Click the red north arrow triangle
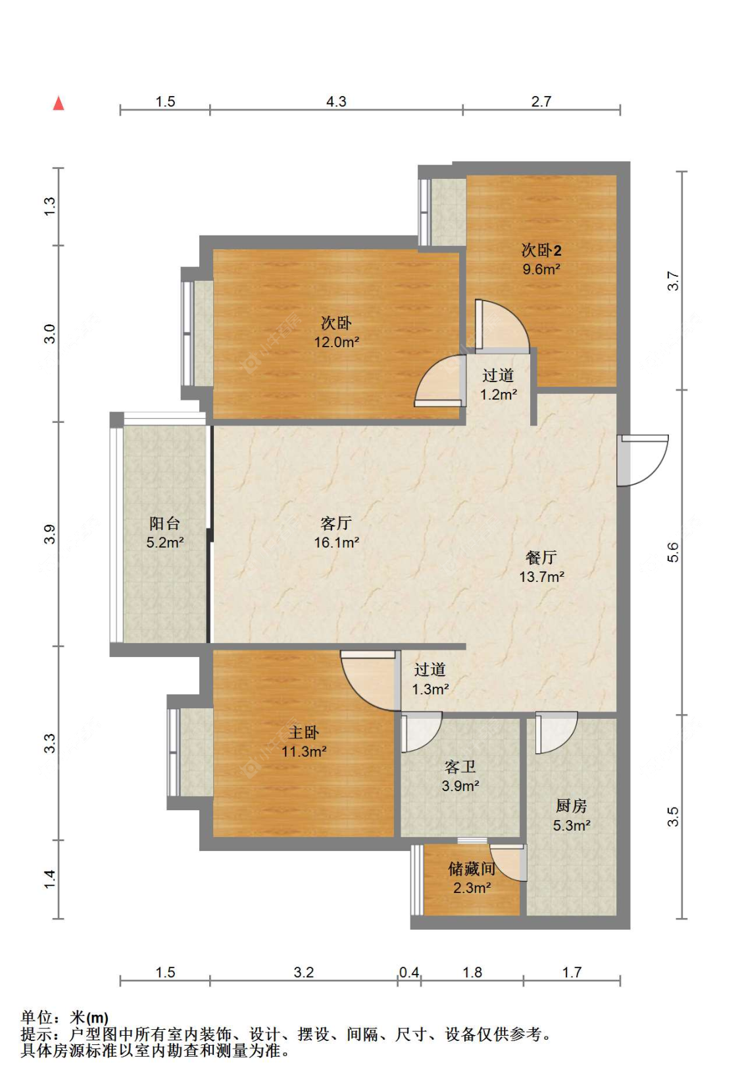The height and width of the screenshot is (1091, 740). pos(59,103)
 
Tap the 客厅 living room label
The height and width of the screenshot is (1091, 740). pos(335,523)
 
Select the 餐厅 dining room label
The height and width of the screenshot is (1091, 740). pos(541,557)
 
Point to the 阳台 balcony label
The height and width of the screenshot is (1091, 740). pos(164,523)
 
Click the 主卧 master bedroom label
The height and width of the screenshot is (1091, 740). pos(303,733)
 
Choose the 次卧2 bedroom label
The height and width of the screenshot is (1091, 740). pos(541,251)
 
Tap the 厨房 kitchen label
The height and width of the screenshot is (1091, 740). pos(572,806)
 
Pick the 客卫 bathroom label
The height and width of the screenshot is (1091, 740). pos(460,767)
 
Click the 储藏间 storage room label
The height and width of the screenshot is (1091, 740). pos(472,869)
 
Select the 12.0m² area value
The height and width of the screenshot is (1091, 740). pos(336,342)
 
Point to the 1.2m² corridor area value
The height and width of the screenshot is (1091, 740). pos(499,395)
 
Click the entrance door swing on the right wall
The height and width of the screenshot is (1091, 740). pos(643,460)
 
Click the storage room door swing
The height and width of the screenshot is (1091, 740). pos(508,863)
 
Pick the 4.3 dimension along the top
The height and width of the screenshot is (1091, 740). pos(336,101)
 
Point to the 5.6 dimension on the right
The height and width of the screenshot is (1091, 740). pos(673,552)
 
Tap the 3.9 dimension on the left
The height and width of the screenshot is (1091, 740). pos(50,534)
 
